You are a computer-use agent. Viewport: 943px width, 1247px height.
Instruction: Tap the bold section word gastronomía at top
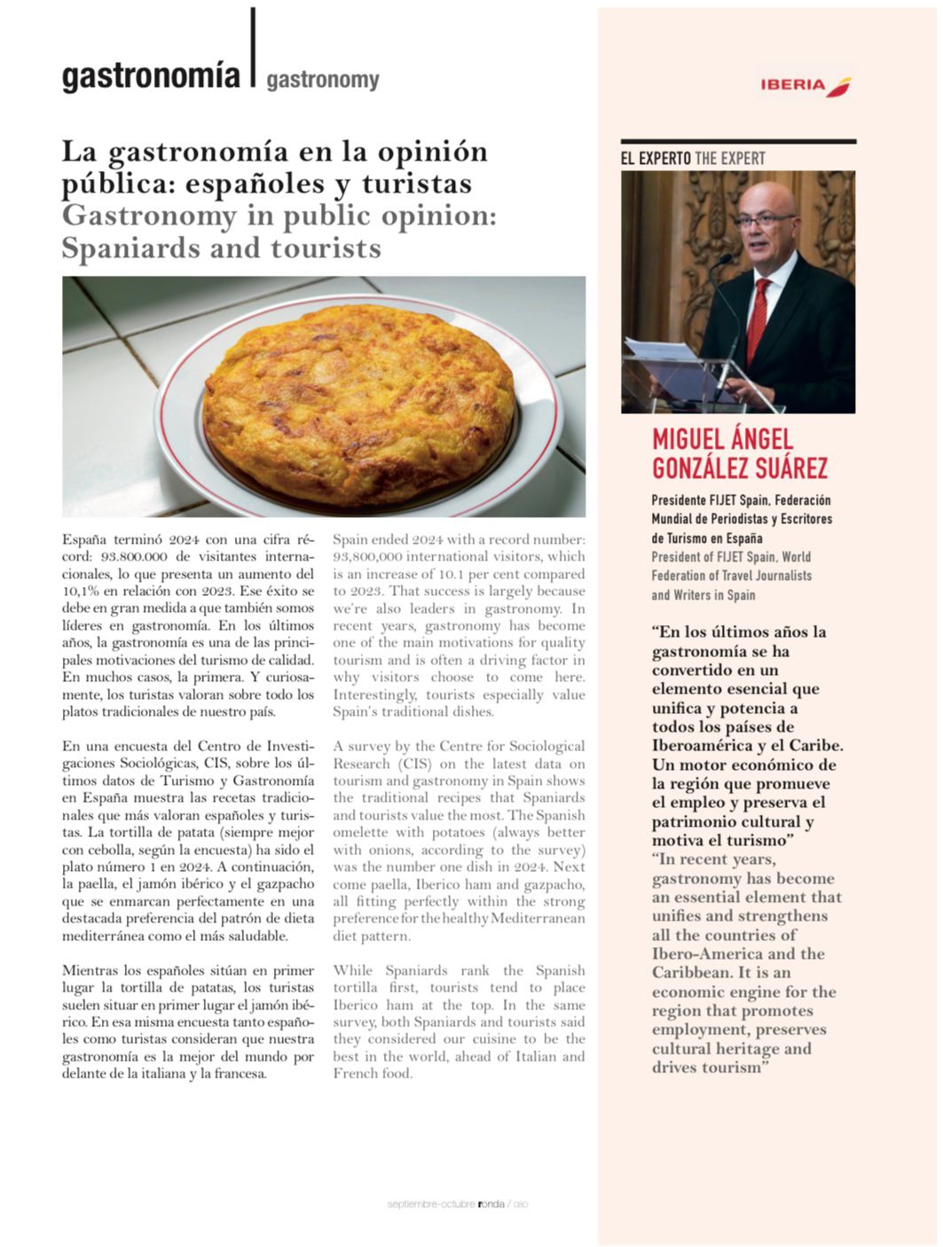tap(151, 77)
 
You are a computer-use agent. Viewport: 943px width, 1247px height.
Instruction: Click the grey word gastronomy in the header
tap(322, 81)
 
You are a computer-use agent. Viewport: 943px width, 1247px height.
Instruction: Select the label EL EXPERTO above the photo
tap(656, 159)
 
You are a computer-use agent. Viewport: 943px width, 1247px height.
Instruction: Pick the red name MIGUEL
tap(688, 439)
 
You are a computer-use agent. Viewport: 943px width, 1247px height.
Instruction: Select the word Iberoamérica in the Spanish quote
tap(705, 746)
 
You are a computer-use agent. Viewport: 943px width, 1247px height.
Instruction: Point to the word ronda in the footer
tap(491, 1204)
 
